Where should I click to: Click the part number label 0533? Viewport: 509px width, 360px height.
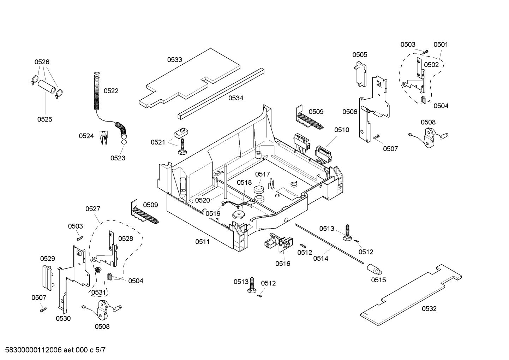click(174, 60)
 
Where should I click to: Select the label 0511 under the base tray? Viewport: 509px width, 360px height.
click(203, 242)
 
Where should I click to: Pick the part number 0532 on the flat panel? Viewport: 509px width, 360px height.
click(429, 309)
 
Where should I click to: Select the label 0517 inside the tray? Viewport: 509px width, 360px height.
click(263, 174)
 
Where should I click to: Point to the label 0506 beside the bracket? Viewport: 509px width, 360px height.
click(349, 112)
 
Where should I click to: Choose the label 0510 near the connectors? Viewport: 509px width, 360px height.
click(341, 130)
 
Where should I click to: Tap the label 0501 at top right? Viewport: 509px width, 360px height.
click(441, 45)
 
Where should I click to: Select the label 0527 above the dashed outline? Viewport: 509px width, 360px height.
click(92, 209)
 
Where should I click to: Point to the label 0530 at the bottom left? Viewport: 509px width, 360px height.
click(63, 318)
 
